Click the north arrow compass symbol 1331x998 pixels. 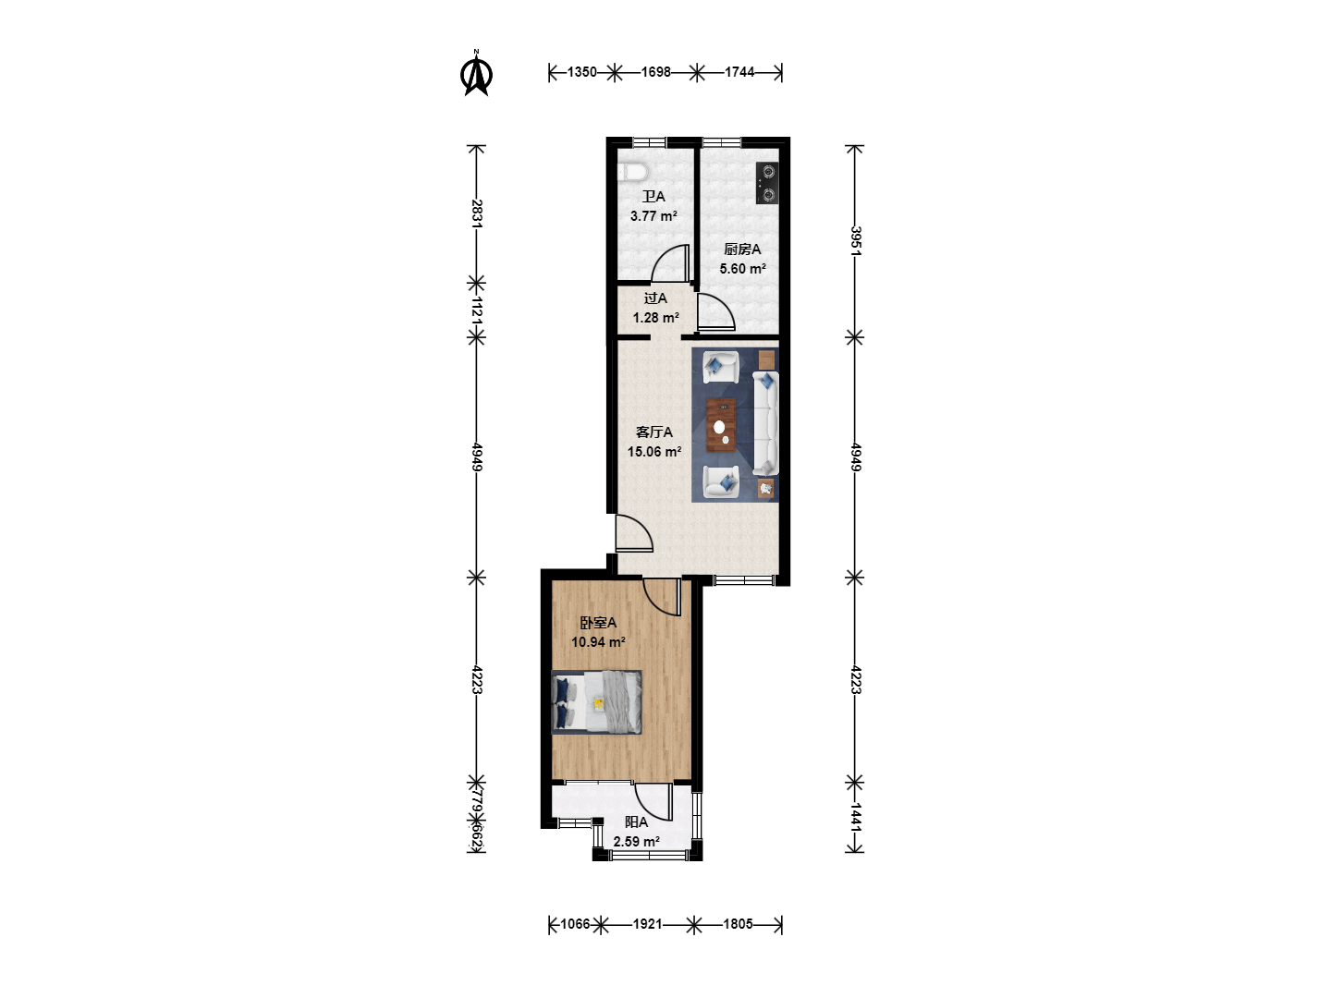click(x=477, y=73)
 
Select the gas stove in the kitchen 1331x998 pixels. click(x=767, y=183)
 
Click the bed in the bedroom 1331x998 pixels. click(x=596, y=702)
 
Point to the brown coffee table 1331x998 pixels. click(x=721, y=425)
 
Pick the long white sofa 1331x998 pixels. click(x=765, y=423)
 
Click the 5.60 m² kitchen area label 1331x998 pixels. click(x=742, y=268)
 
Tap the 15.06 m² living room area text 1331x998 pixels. click(x=654, y=452)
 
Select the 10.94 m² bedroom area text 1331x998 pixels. click(x=598, y=641)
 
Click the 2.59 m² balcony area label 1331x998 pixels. click(x=636, y=842)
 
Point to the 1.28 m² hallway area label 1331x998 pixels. click(x=655, y=318)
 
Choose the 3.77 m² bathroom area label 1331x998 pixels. click(x=653, y=215)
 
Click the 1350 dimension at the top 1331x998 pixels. click(x=581, y=72)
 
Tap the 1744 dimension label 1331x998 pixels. click(x=739, y=72)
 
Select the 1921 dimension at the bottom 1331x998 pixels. click(x=647, y=924)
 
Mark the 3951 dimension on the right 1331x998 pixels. click(x=855, y=241)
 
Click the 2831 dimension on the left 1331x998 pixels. click(x=477, y=213)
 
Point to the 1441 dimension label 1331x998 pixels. click(x=855, y=818)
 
